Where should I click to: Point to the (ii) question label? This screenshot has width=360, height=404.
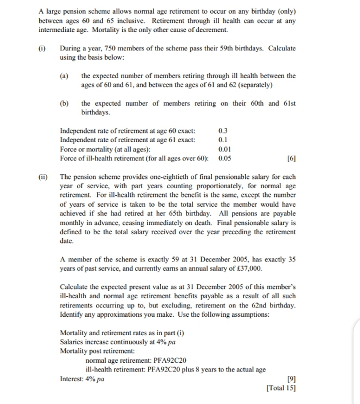[43, 177]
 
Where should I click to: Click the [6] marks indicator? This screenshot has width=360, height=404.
[291, 158]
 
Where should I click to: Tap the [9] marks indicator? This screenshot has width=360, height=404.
[291, 379]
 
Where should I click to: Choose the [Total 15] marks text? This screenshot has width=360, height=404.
[281, 388]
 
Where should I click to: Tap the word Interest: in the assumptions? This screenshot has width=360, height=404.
[74, 379]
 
